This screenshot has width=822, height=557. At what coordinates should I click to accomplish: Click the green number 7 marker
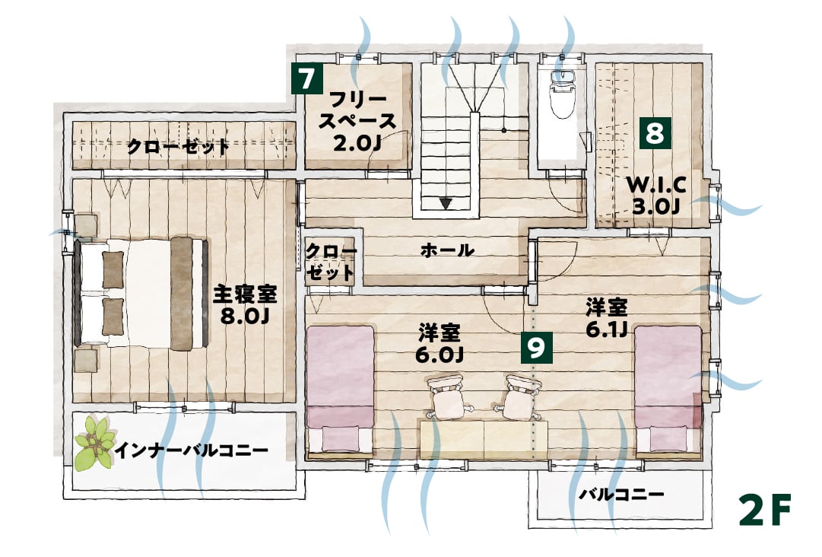click(306, 78)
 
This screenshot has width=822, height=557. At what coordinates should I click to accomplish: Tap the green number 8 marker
click(655, 133)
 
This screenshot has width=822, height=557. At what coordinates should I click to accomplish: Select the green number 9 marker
click(536, 347)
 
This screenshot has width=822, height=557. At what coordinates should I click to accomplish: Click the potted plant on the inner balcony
click(96, 443)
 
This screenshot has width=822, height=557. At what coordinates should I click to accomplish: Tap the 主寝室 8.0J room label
click(244, 305)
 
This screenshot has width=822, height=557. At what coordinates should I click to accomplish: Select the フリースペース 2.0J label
click(357, 121)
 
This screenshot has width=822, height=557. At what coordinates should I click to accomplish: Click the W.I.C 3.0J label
click(656, 195)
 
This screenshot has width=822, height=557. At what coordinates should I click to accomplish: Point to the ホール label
click(447, 250)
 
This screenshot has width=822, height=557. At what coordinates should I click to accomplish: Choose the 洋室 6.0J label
click(440, 343)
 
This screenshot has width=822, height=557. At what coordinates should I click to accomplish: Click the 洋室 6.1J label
click(607, 318)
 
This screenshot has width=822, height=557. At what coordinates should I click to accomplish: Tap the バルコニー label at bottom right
click(621, 494)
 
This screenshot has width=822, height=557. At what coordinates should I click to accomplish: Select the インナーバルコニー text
click(192, 450)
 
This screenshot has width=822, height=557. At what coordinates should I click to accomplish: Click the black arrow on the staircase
click(446, 203)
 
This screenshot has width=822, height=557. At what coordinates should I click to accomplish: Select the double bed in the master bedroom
click(141, 293)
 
